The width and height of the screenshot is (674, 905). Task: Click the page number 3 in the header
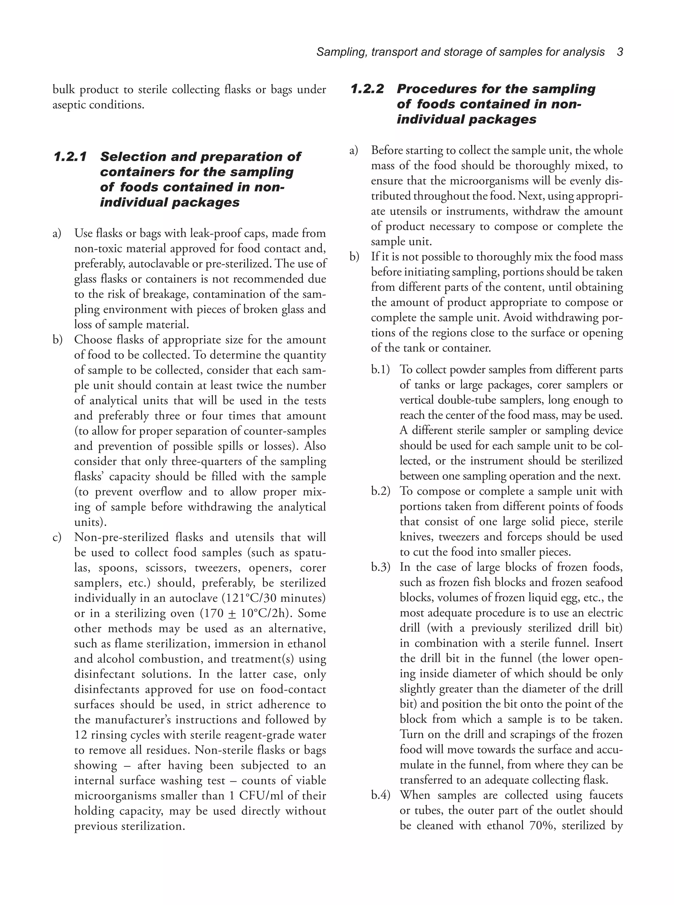[620, 52]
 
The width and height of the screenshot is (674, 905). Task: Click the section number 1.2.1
[70, 157]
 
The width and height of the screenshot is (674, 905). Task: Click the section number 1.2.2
[367, 89]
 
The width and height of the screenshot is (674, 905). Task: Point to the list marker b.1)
[380, 370]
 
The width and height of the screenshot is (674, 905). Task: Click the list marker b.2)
[380, 491]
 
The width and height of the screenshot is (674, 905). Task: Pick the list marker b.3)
[380, 567]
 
